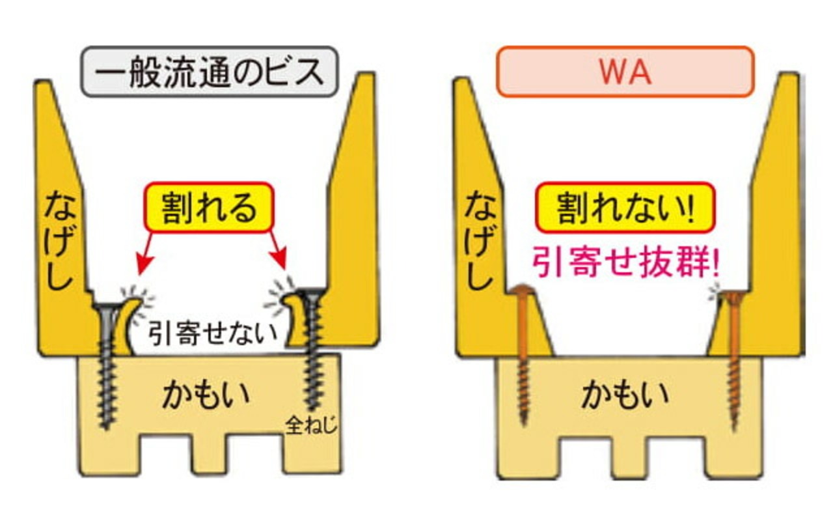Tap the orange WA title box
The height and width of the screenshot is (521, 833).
point(624,72)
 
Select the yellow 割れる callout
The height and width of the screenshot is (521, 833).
point(208,210)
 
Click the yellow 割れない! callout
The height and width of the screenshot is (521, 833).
point(625,210)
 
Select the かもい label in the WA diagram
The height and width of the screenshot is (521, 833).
point(625,395)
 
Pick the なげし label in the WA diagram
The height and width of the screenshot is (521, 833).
point(480,241)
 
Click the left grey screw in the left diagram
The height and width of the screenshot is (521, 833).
point(107,365)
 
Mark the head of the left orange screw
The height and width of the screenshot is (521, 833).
point(521,290)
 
